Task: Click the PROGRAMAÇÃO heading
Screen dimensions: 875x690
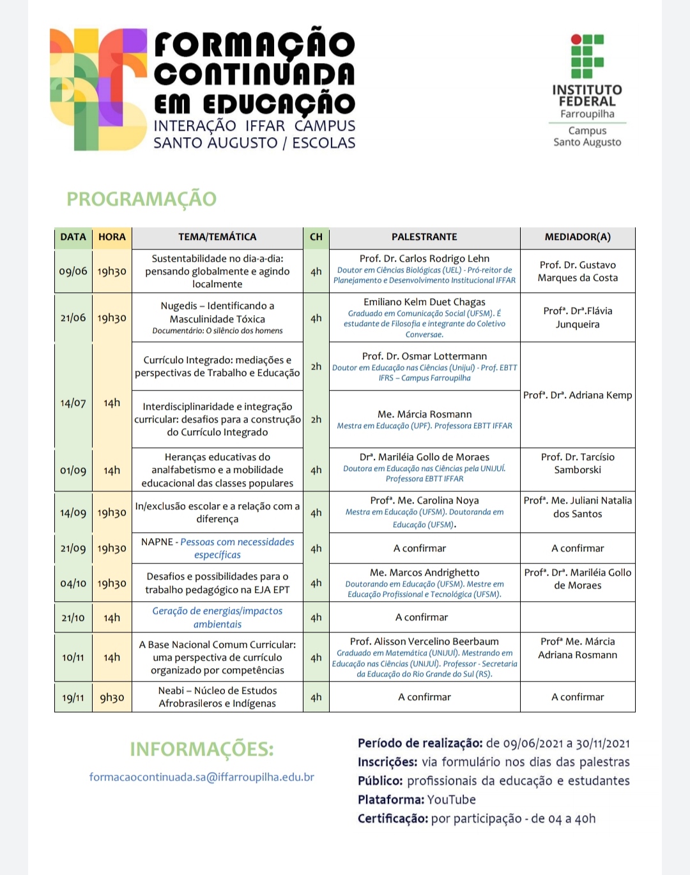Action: (x=141, y=199)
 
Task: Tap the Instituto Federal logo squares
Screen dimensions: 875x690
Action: (x=586, y=56)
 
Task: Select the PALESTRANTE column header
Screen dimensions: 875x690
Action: (x=424, y=237)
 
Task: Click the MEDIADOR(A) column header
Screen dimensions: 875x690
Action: (x=578, y=237)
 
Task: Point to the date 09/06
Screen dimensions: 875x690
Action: (x=73, y=271)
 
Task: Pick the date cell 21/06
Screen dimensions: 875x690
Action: (x=73, y=318)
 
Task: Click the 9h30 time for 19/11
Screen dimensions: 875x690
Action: (x=112, y=698)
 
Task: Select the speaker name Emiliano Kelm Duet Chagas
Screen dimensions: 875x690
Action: (x=424, y=302)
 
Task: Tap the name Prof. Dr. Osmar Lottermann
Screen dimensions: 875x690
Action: (x=424, y=356)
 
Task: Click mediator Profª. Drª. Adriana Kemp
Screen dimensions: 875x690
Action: (x=578, y=395)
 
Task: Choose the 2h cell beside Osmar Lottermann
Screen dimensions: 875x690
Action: (x=316, y=366)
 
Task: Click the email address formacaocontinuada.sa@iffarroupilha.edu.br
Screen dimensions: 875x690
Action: (x=202, y=777)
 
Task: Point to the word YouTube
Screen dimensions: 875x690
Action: (x=451, y=800)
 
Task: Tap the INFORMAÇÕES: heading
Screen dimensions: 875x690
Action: (x=202, y=749)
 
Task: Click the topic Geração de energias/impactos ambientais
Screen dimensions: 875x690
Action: (x=217, y=617)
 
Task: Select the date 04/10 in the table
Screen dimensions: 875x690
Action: (x=73, y=583)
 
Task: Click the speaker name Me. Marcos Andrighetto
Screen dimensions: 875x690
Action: (x=424, y=572)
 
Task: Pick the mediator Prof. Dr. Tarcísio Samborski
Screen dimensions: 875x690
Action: (x=578, y=463)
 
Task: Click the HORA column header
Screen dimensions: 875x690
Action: (x=112, y=237)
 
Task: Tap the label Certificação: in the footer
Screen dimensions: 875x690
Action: (x=392, y=819)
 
